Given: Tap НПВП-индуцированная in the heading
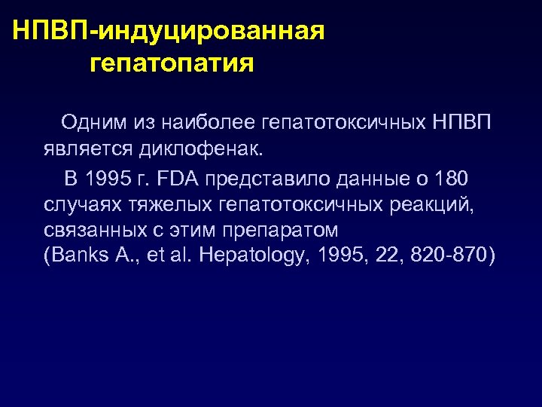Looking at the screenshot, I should pos(169,31).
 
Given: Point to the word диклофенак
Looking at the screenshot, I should pos(202,148).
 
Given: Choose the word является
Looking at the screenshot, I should pos(88,148).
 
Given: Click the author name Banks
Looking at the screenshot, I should pos(76,256).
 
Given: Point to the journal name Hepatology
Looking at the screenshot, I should pos(249,256).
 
